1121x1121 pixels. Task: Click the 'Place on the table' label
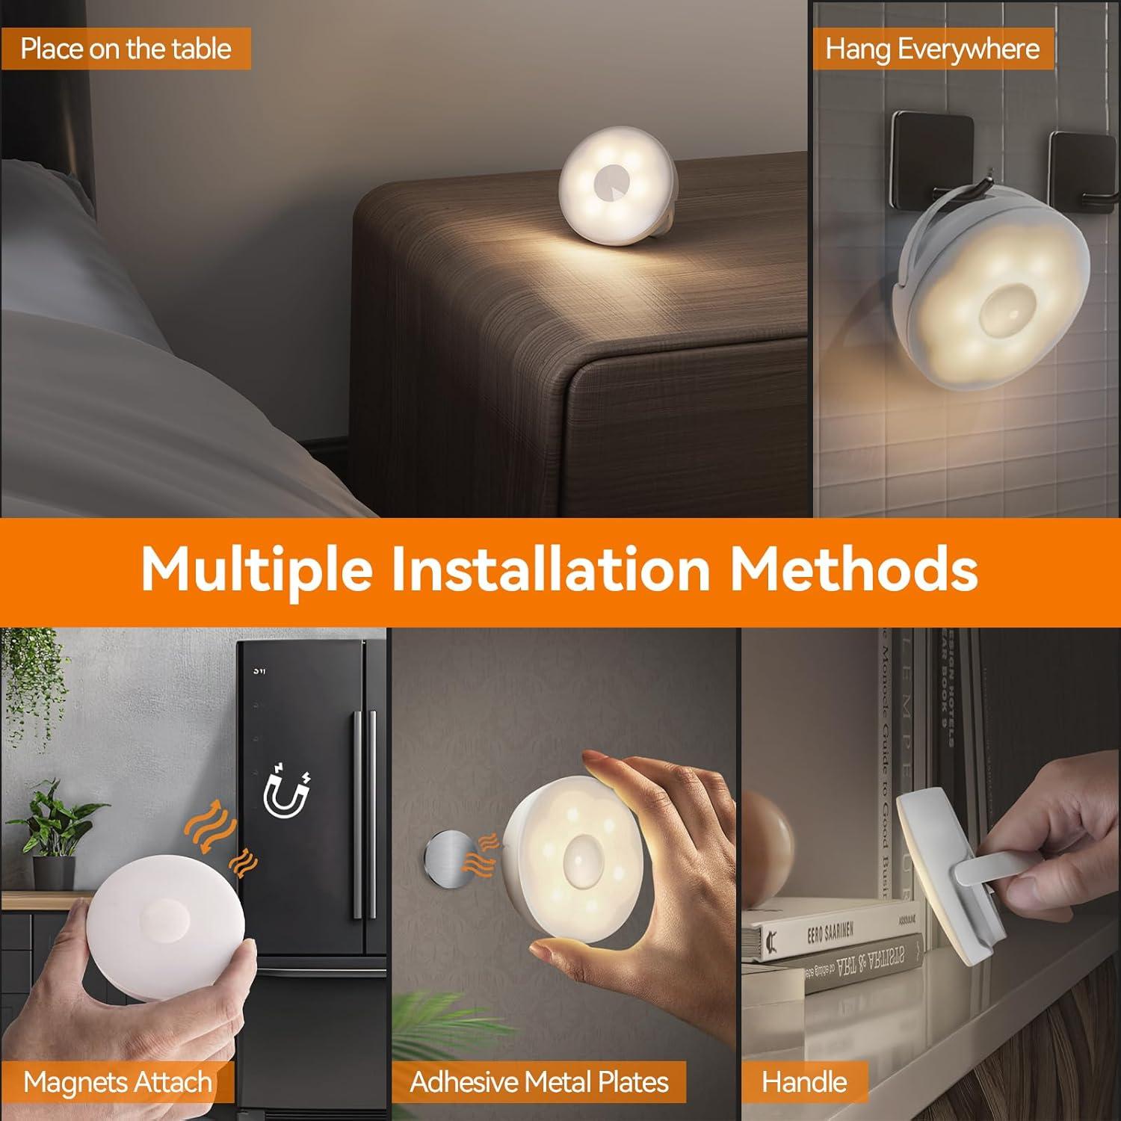[126, 49]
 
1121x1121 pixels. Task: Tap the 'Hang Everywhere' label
[932, 49]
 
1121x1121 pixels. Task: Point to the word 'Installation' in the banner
[550, 569]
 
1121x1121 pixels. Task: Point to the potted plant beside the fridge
[56, 837]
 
